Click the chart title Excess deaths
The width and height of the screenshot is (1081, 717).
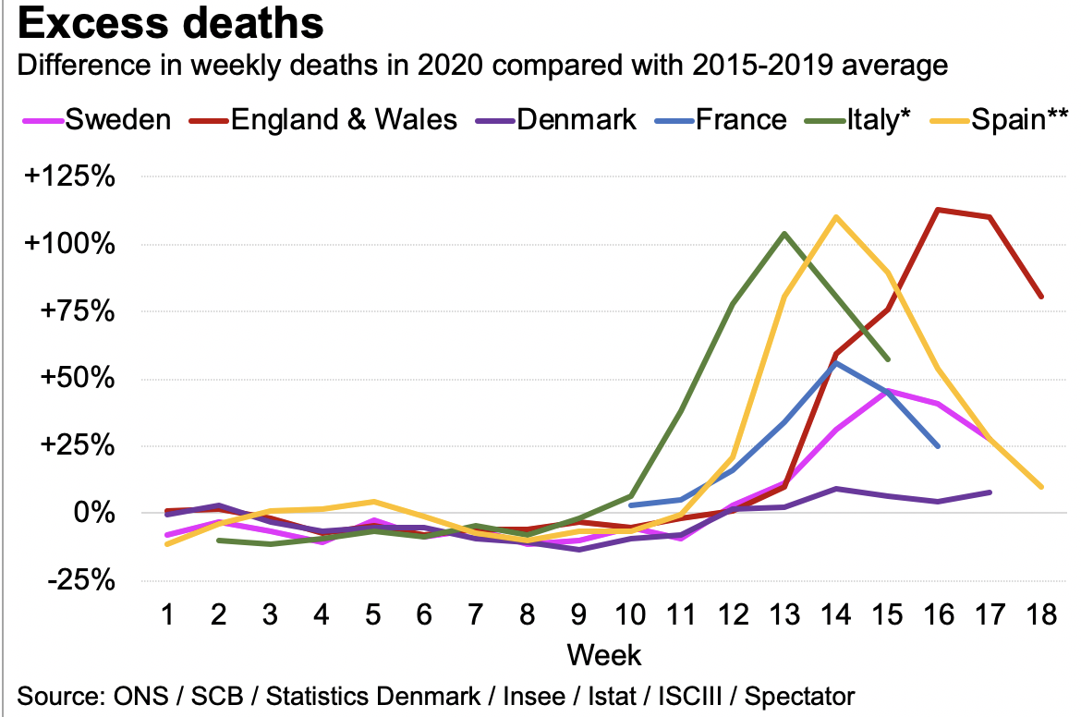point(171,24)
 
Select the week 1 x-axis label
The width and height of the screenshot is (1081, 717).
point(167,614)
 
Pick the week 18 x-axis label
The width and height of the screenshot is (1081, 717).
point(1041,614)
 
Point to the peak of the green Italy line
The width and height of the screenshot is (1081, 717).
point(784,233)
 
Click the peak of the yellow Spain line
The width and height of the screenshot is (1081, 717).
point(836,217)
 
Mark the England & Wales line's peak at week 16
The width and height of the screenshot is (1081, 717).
point(939,210)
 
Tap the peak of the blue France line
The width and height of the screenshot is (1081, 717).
point(836,363)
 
